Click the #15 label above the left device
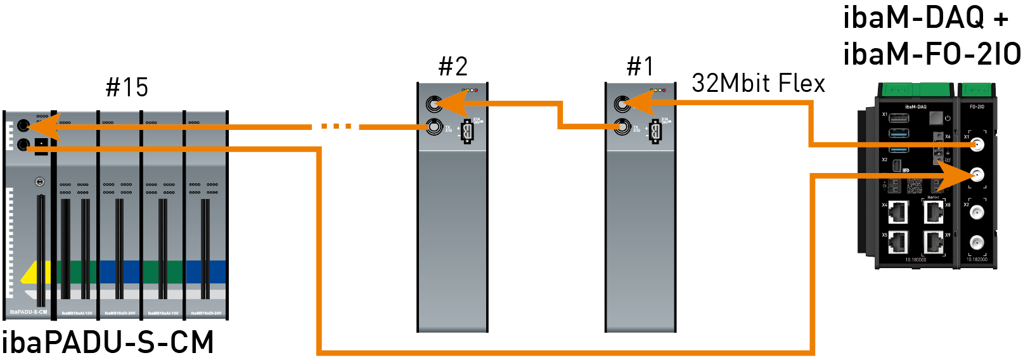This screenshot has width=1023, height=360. (x=127, y=87)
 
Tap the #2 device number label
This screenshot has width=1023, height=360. (x=453, y=67)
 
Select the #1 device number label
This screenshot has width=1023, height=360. (x=640, y=67)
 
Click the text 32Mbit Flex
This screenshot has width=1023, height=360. (x=758, y=84)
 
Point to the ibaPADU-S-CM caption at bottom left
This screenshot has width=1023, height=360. (x=108, y=343)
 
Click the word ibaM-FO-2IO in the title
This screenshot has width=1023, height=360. (x=931, y=54)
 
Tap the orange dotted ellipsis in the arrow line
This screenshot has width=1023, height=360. (x=336, y=127)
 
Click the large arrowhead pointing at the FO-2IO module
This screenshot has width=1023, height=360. (x=955, y=174)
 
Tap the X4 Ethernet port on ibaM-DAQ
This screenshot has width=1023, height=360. (x=898, y=212)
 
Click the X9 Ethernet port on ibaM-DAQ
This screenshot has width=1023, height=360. (x=933, y=242)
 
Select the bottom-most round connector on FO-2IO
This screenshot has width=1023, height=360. (x=977, y=243)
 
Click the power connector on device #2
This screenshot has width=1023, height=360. (x=468, y=132)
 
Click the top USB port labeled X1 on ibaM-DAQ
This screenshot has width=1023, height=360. (x=898, y=118)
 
